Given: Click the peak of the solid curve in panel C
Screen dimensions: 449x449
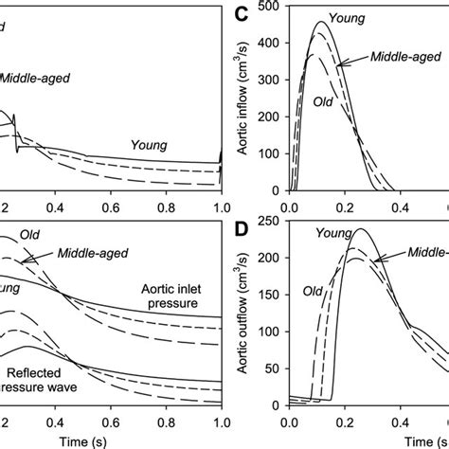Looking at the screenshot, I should tap(321, 22).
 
